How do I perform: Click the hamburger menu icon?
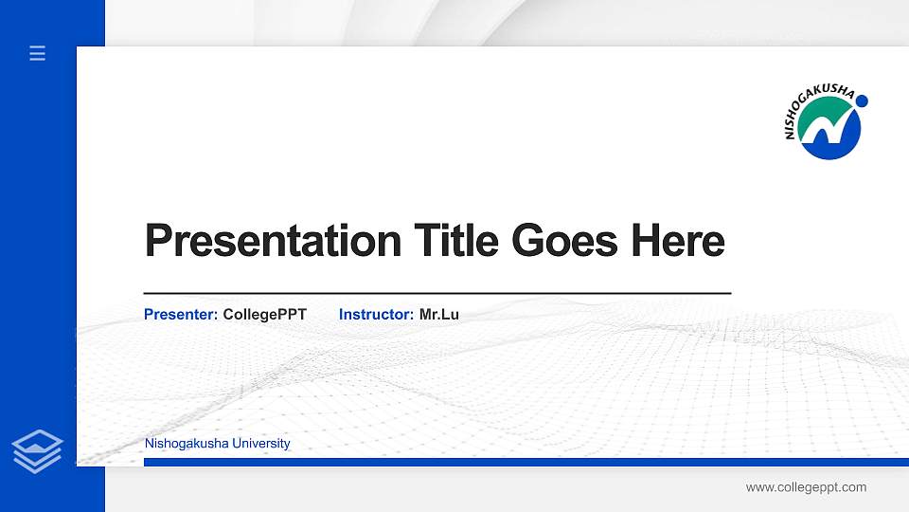[37, 53]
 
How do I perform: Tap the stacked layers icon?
[37, 451]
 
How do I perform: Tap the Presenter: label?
[181, 314]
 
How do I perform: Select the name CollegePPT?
[264, 314]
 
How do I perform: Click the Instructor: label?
[376, 314]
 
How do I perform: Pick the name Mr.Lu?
[438, 314]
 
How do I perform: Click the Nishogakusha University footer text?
[217, 444]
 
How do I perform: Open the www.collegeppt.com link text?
[806, 487]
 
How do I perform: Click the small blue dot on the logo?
[862, 101]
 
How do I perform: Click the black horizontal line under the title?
[437, 294]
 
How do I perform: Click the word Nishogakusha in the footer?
[180, 444]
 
